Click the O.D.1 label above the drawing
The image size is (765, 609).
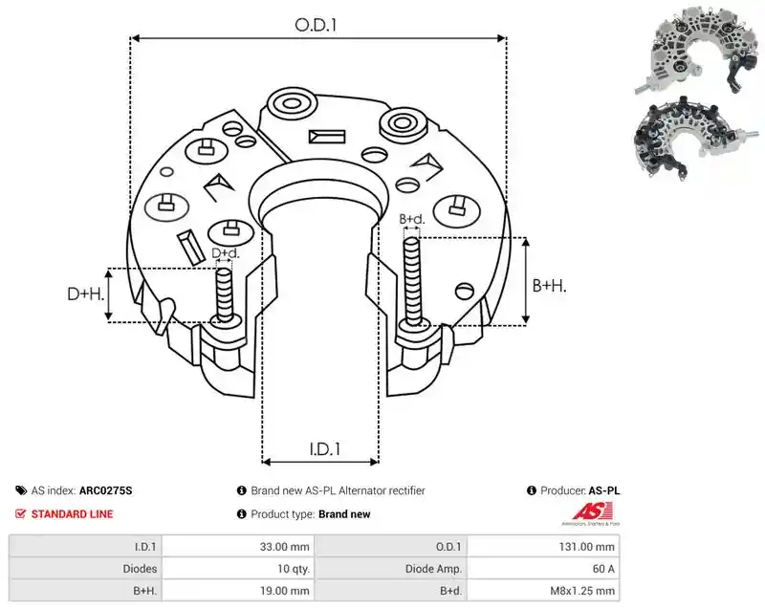[316, 25]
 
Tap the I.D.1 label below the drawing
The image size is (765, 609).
[324, 448]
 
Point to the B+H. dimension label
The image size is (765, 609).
[549, 285]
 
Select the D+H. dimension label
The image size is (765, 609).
[86, 294]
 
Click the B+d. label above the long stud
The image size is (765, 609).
[412, 219]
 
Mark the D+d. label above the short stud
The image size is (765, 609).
[226, 253]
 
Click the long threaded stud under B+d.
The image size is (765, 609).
[412, 282]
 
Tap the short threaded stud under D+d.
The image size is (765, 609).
[225, 295]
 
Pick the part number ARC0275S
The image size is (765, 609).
[105, 490]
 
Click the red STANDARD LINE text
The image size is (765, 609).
[73, 514]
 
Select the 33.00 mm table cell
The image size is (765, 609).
[284, 547]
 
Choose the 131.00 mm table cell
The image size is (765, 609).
[587, 547]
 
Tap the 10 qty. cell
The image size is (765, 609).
[294, 569]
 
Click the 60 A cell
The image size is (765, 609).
[603, 569]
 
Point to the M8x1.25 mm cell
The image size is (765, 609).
[582, 591]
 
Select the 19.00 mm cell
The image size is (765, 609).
[284, 591]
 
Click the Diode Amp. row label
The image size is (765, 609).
[433, 569]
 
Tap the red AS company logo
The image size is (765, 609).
[592, 512]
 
